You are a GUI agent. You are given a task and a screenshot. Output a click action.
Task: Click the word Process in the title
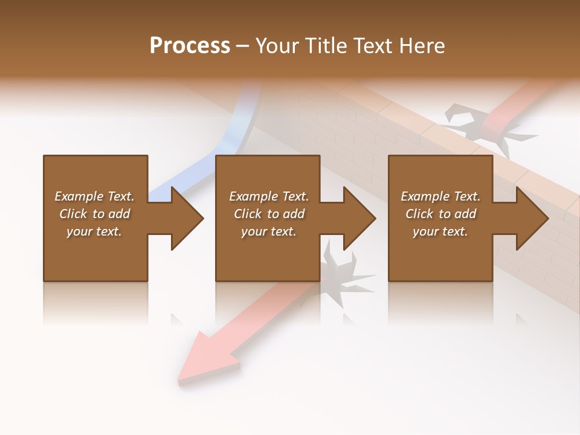pyautogui.click(x=190, y=46)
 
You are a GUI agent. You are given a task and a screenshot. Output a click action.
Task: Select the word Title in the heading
pyautogui.click(x=326, y=46)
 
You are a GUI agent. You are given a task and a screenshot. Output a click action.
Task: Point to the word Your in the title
pyautogui.click(x=279, y=46)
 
